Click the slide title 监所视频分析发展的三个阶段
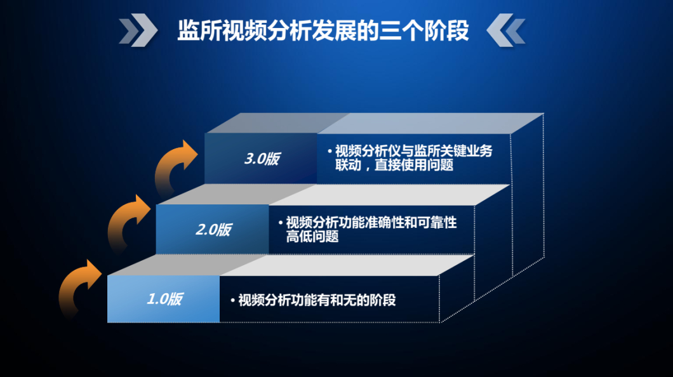click(x=323, y=30)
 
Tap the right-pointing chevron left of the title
click(x=138, y=30)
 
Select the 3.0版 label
click(x=262, y=159)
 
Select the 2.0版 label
click(x=213, y=230)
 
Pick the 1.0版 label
click(x=164, y=299)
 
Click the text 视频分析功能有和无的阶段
click(x=317, y=300)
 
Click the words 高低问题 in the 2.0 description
click(x=312, y=236)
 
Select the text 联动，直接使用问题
click(x=394, y=164)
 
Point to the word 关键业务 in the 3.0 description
click(x=466, y=151)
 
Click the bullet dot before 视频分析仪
click(x=330, y=152)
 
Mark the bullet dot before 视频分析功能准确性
click(x=281, y=223)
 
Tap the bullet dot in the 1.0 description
click(x=232, y=301)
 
